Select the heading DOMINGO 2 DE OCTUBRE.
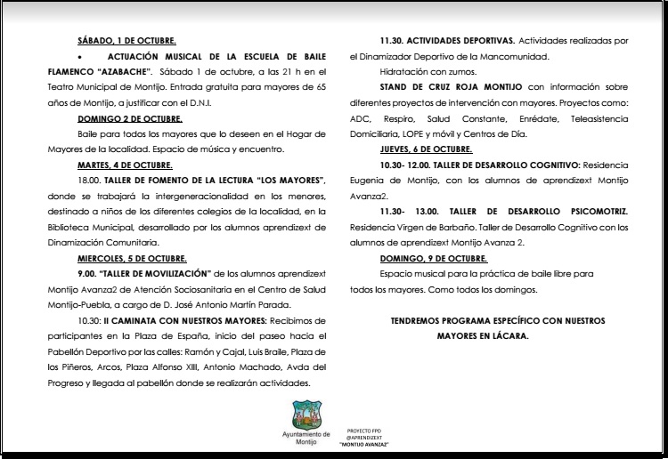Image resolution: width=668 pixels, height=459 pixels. [128, 118]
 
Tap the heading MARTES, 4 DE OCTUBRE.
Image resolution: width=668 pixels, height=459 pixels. [125, 165]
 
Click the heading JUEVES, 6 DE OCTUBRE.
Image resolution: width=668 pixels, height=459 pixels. [425, 149]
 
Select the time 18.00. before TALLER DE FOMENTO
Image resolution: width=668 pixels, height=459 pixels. [89, 181]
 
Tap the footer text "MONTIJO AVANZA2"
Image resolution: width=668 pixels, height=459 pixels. [363, 445]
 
